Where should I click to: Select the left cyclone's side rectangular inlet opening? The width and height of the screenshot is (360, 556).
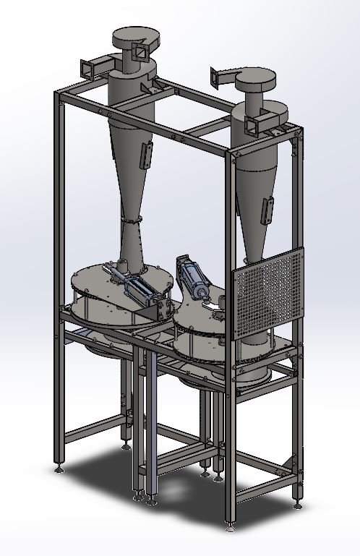tap(88, 68)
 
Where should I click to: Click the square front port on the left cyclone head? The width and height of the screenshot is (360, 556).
tap(138, 51)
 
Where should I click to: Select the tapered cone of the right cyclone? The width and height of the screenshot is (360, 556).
tap(253, 210)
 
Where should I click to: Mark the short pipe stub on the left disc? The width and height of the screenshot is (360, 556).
tap(124, 260)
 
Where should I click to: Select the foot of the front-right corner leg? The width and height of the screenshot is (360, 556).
tap(231, 525)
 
